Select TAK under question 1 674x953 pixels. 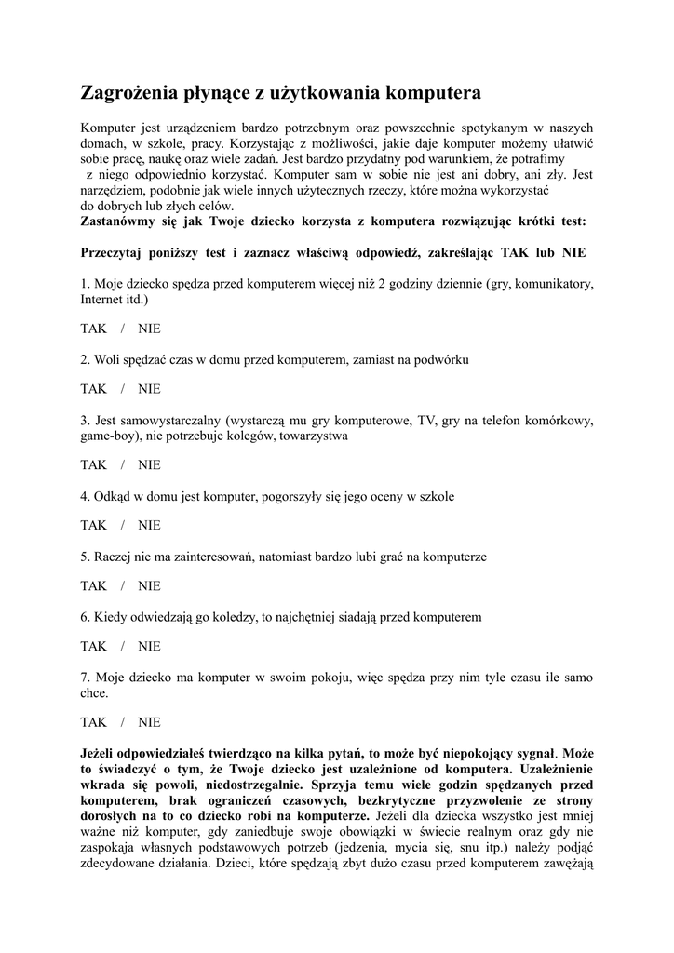click(x=94, y=329)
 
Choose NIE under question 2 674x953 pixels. click(x=149, y=388)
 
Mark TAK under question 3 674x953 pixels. click(x=94, y=464)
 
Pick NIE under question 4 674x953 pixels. click(x=149, y=525)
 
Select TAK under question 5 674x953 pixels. click(x=94, y=585)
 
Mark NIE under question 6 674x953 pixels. click(x=149, y=646)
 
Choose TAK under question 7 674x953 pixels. click(x=94, y=722)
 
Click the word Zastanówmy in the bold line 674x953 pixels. click(x=122, y=221)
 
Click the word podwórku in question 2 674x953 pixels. click(x=443, y=359)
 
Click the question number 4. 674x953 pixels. click(x=85, y=496)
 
